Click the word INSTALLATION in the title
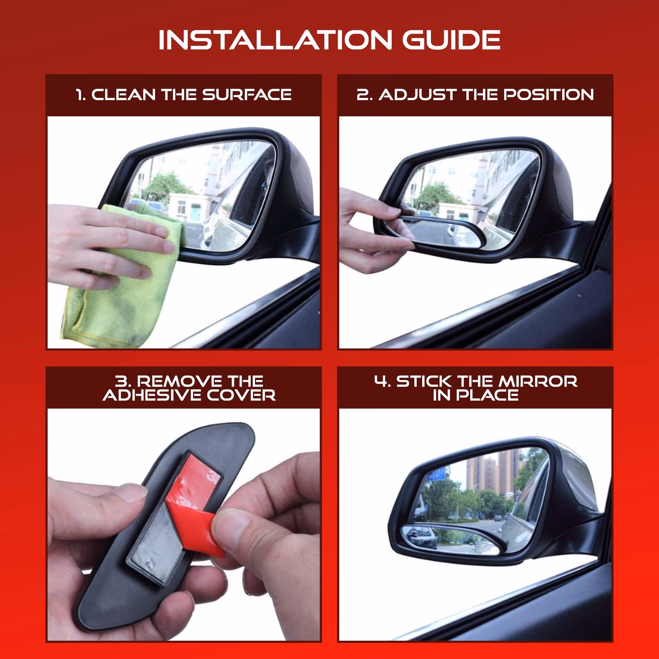coord(275,40)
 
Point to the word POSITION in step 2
coord(548,95)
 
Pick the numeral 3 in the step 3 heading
coord(121,381)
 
